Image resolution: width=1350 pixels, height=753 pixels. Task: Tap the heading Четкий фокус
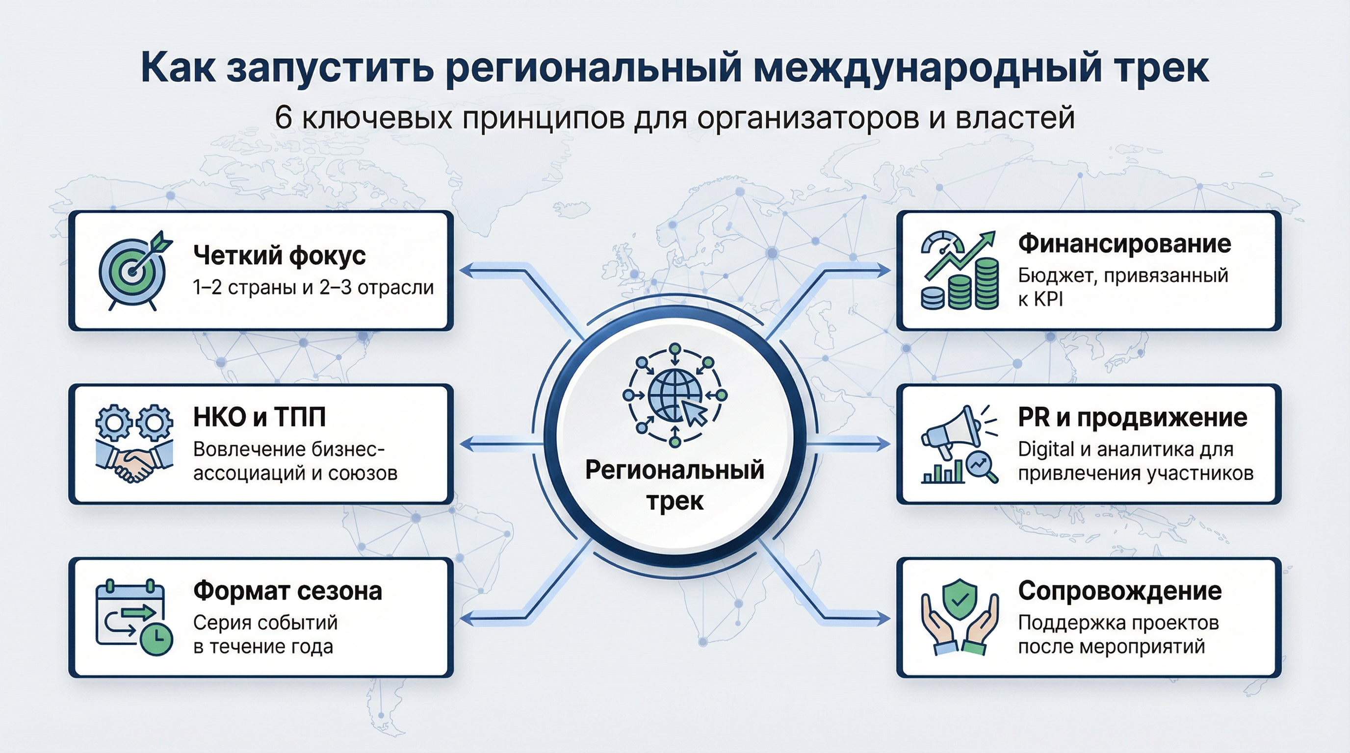pos(279,255)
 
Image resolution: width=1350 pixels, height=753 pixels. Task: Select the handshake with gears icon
pos(134,443)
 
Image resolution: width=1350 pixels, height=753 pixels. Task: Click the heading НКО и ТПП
pos(260,417)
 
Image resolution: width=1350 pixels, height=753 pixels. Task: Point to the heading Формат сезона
pos(287,591)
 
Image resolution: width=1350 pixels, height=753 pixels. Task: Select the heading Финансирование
pos(1124,244)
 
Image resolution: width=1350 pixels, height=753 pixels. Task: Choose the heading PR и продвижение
pos(1132,418)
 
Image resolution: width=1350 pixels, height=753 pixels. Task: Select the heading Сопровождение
pos(1119,591)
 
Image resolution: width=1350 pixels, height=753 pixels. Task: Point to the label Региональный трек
pos(675,485)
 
